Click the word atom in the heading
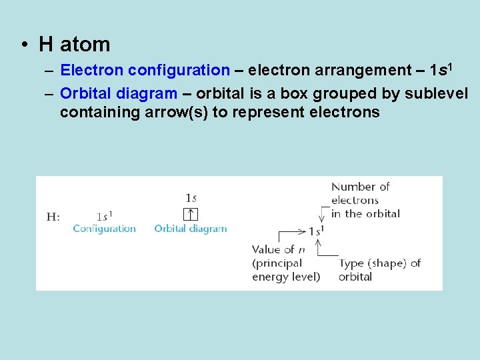[85, 45]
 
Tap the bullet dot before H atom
[24, 45]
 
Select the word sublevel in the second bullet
[437, 93]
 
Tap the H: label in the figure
[53, 216]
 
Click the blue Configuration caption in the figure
[104, 229]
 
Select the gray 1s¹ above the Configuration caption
[104, 216]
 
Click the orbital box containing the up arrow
[191, 214]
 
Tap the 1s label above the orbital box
[191, 197]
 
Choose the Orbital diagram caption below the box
[191, 229]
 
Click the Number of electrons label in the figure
[365, 200]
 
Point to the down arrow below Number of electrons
[322, 215]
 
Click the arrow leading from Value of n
[291, 232]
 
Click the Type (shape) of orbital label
[379, 269]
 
